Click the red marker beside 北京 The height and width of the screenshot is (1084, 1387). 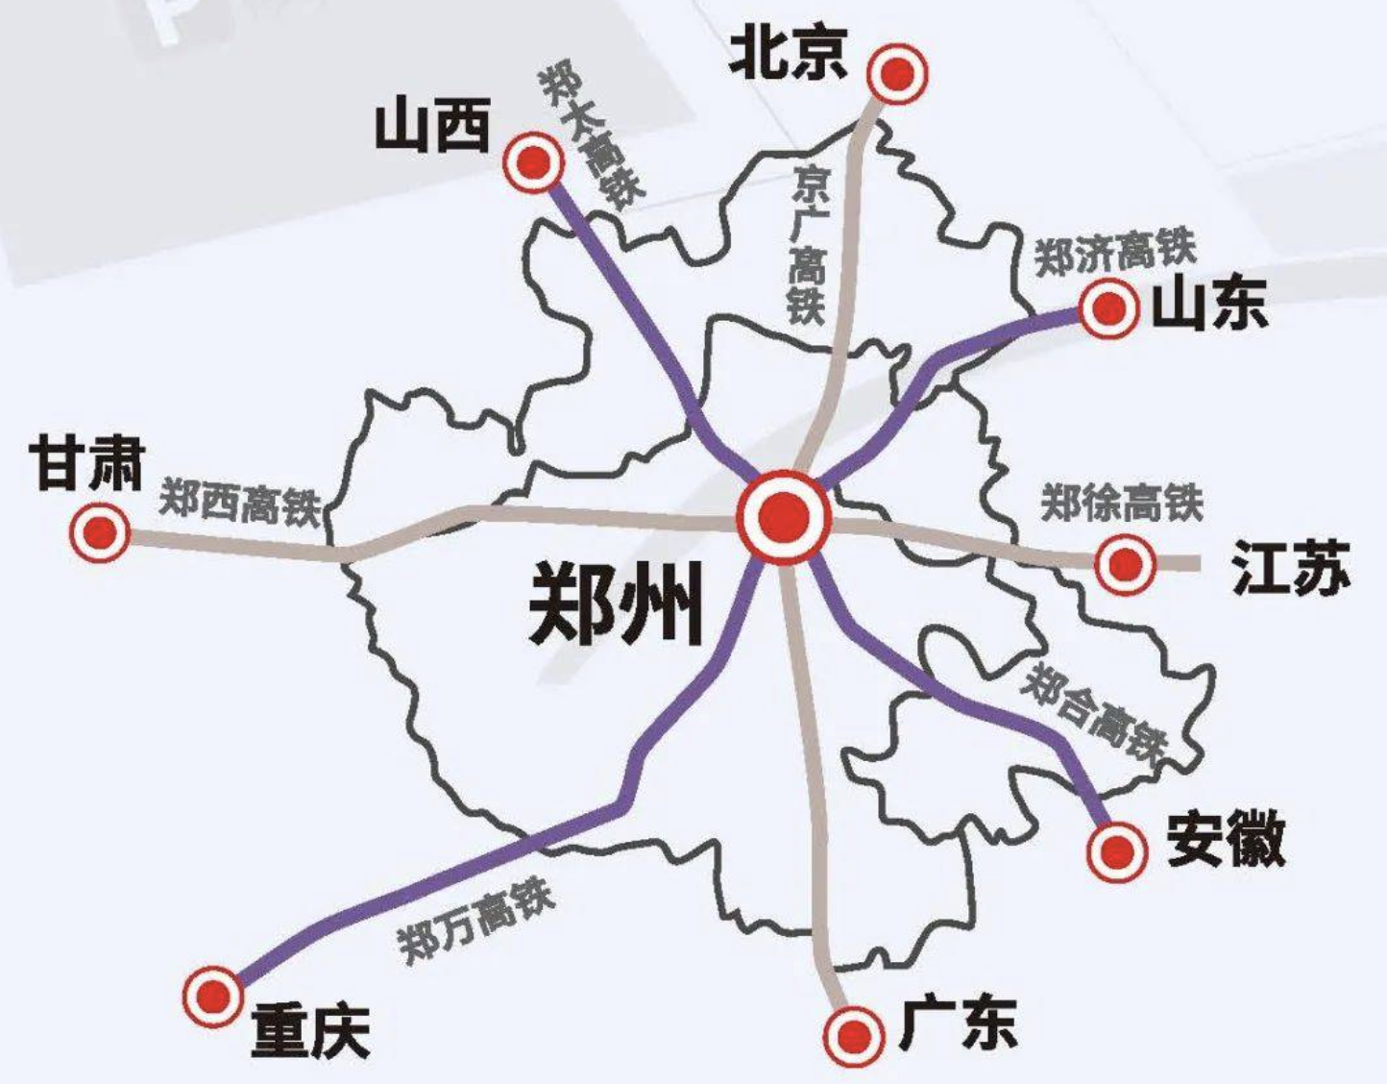coord(897,74)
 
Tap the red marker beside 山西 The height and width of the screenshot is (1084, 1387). coord(533,162)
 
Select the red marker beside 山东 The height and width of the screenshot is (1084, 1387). coord(1109,308)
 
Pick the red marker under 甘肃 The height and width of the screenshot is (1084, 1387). coord(100,531)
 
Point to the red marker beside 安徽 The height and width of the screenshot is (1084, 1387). coord(1117,850)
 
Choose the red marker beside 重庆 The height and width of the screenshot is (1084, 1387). coord(213,997)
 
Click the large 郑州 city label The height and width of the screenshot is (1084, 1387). coord(616,604)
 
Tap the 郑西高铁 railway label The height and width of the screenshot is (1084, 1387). coord(239,501)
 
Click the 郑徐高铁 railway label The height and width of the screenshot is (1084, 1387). coord(1122,502)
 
